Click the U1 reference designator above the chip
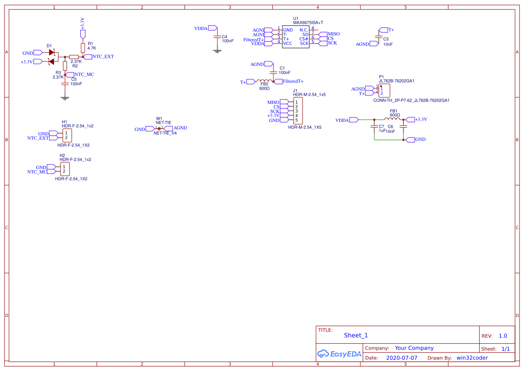[x=296, y=18]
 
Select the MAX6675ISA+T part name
[x=308, y=22]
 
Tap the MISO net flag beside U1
[x=333, y=34]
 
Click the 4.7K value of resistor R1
[x=92, y=48]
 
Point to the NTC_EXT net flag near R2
[x=103, y=57]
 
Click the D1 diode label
[x=49, y=46]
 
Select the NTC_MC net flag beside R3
[x=84, y=74]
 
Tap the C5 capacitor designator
[x=74, y=79]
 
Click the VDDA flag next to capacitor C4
[x=201, y=28]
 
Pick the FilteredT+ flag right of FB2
[x=293, y=82]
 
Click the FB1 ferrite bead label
[x=394, y=111]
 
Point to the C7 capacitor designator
[x=381, y=127]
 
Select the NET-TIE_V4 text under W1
[x=165, y=133]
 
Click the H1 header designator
[x=65, y=122]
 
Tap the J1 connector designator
[x=295, y=91]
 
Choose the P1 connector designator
[x=381, y=77]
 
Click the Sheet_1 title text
[x=356, y=335]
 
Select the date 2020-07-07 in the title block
[x=402, y=358]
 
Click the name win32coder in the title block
[x=472, y=358]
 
